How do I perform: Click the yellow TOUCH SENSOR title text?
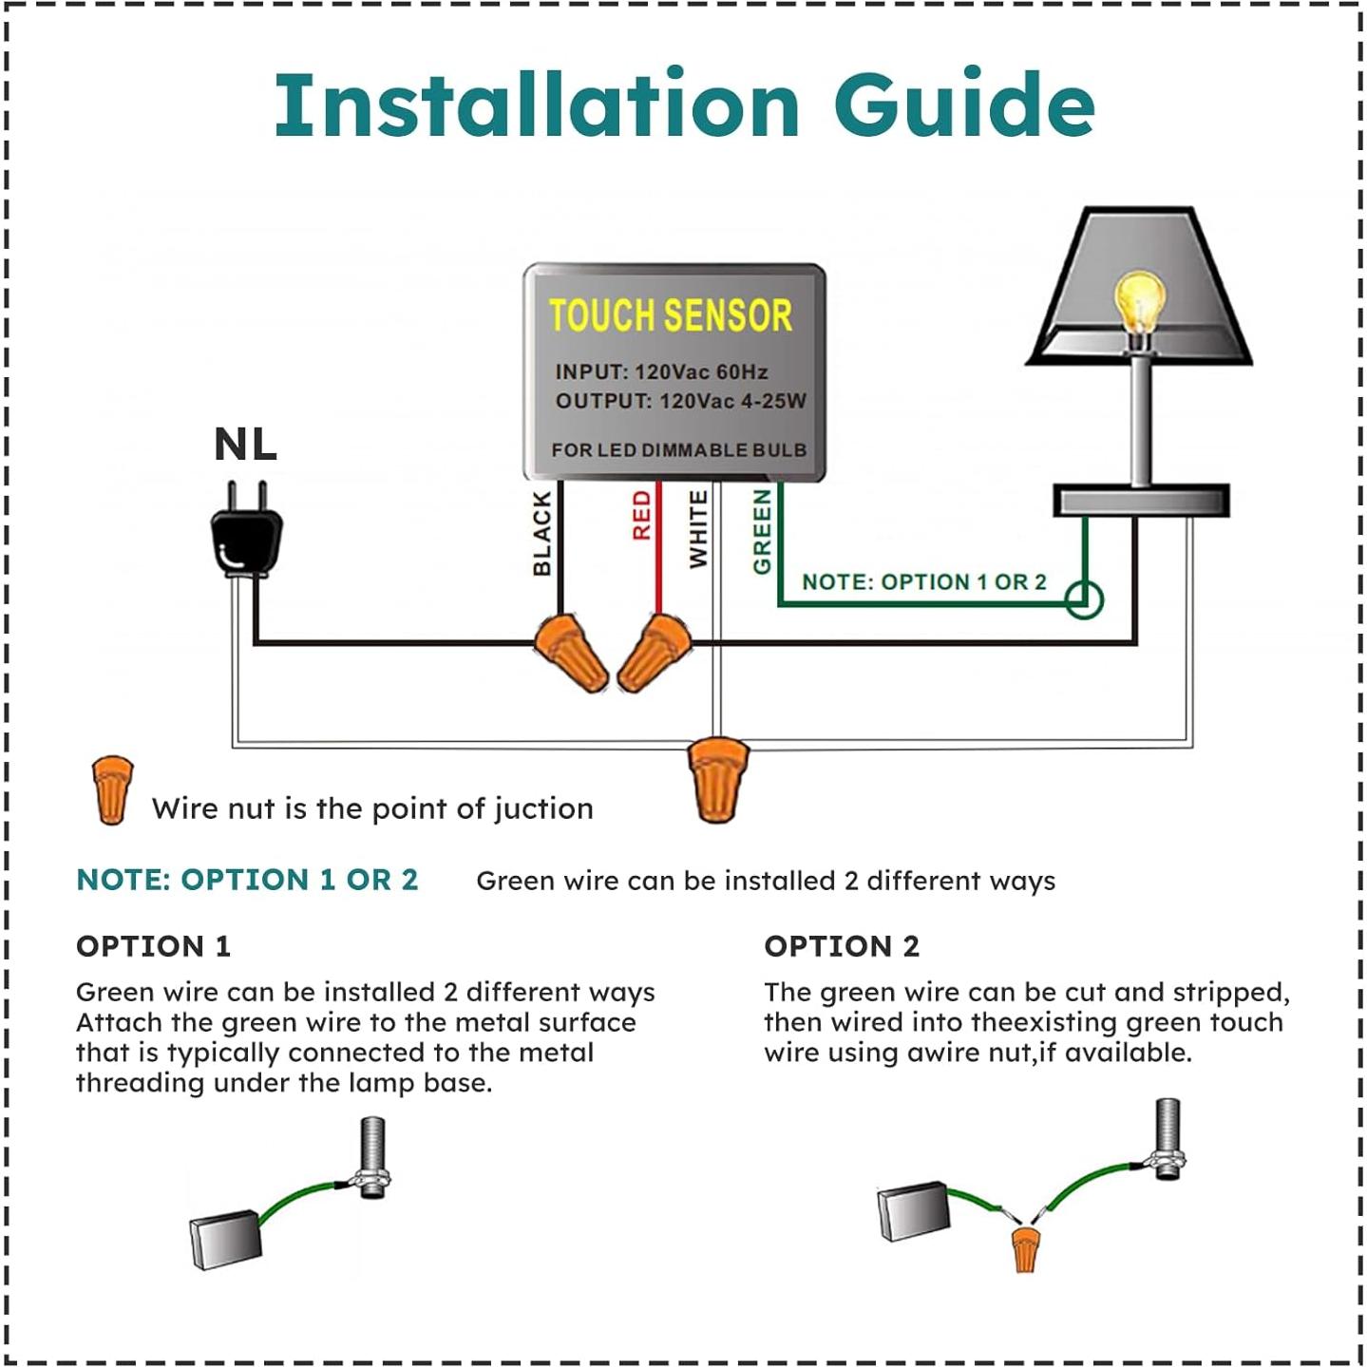[670, 315]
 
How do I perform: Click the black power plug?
[246, 538]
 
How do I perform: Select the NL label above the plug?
[245, 445]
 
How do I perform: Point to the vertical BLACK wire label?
[541, 533]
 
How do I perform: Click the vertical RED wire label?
[642, 515]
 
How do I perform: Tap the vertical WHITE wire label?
[698, 529]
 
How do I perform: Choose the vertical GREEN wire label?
[762, 532]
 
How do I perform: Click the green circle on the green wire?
[1083, 599]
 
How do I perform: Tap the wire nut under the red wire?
[653, 653]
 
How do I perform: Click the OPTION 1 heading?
[153, 946]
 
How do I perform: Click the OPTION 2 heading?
[842, 946]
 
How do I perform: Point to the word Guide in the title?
[964, 104]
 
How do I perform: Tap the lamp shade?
[1140, 285]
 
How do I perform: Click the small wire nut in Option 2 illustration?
[1024, 1248]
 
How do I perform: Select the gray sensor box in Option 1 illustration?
[225, 1240]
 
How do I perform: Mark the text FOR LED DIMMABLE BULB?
[678, 449]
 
